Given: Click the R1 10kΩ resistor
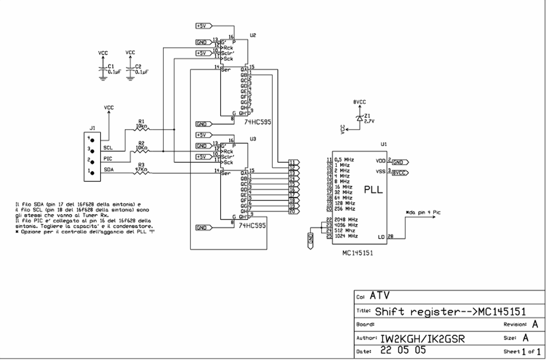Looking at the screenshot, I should (x=141, y=130).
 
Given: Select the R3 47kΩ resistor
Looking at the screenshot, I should (x=141, y=173).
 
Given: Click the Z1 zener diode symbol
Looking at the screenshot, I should (x=359, y=119).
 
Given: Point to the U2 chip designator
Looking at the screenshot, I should (x=253, y=36).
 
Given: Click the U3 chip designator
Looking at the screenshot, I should (x=253, y=139).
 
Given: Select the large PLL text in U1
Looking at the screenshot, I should (x=373, y=190).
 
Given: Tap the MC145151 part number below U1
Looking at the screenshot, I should (x=357, y=253).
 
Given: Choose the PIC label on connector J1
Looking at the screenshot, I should (x=107, y=159).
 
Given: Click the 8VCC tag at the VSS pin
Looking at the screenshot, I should (x=400, y=173).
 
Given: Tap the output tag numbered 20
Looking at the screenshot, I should (x=294, y=211).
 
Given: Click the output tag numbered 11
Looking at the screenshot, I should (x=294, y=162).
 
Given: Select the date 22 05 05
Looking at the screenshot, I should (x=403, y=351).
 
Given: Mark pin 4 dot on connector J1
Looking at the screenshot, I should (x=92, y=139).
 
